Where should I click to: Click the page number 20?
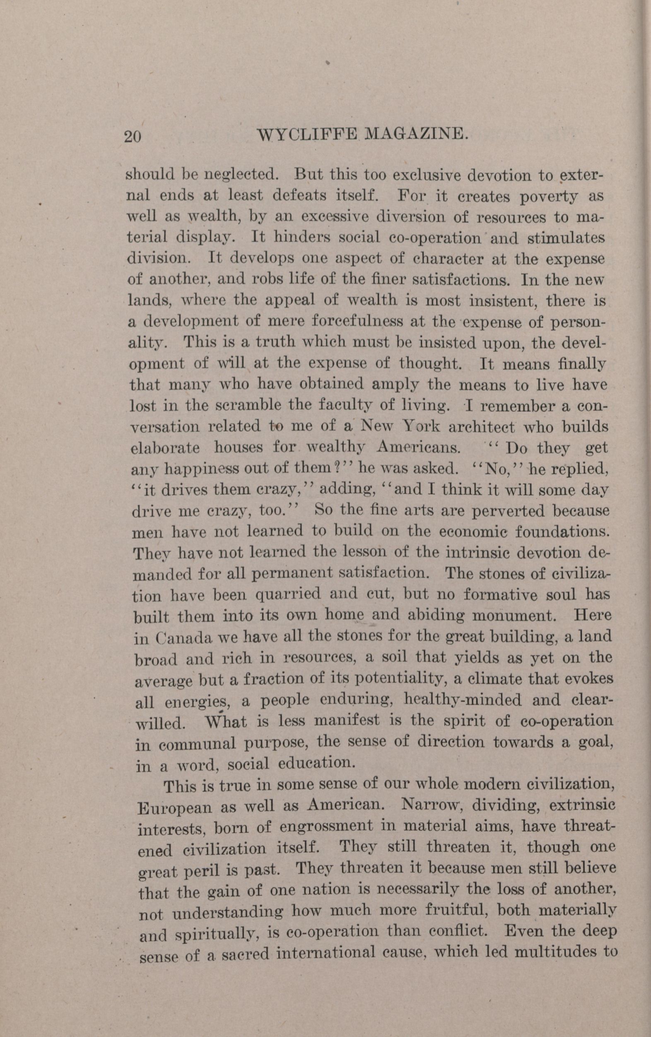coord(132,136)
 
